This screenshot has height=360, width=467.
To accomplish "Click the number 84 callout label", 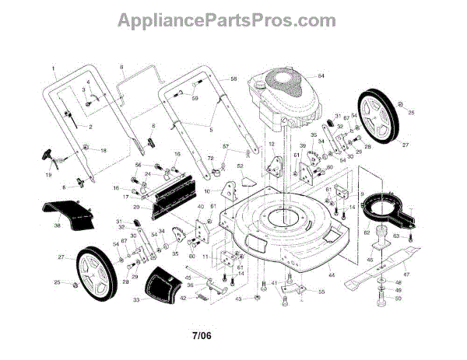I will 320,75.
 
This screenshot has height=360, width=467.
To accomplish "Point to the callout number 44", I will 332,275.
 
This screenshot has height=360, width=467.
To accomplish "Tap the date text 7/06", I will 203,336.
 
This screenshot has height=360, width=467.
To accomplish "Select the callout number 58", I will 233,79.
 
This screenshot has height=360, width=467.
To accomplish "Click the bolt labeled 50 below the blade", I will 381,299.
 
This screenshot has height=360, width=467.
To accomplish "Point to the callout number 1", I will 54,67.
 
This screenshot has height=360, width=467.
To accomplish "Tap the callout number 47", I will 405,274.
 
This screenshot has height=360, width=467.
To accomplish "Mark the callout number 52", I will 241,166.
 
